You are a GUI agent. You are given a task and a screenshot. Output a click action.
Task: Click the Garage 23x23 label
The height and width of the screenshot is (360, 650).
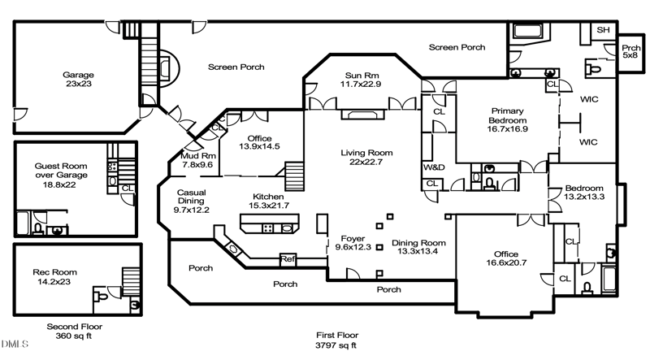78,80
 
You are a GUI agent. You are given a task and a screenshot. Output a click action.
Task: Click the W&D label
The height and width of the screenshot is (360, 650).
431,168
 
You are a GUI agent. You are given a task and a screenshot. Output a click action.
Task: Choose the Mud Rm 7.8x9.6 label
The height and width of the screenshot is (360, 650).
197,159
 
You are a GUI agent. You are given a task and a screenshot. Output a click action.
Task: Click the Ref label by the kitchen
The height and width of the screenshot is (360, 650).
288,259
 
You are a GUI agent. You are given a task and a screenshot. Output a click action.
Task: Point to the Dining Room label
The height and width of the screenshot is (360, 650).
419,247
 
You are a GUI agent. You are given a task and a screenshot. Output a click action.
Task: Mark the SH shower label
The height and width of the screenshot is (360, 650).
603,30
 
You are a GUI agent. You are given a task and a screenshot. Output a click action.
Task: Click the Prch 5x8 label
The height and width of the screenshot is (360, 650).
630,50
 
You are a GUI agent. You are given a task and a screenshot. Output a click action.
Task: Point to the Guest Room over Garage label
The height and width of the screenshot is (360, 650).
61,175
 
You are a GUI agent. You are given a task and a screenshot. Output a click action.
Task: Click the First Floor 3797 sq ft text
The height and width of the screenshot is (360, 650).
337,340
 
